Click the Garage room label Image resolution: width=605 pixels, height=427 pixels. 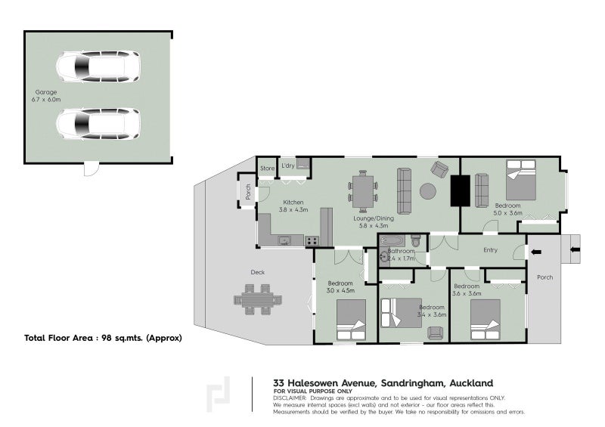(x=46, y=92)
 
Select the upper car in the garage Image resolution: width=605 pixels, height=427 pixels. (x=98, y=67)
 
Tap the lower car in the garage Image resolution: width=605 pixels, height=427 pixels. (x=98, y=123)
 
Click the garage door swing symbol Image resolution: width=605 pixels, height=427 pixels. (x=92, y=169)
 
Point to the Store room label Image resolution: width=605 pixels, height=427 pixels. (x=267, y=169)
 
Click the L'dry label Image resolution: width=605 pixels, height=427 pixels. (x=288, y=166)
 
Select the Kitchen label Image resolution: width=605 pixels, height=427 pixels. (x=293, y=202)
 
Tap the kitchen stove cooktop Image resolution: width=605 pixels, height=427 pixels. (x=312, y=241)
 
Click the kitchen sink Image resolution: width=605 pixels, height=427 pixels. (x=284, y=240)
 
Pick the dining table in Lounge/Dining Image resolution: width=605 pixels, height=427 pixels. (x=363, y=191)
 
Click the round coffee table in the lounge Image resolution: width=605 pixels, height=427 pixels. (x=428, y=191)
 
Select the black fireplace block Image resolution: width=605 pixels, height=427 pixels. (x=461, y=190)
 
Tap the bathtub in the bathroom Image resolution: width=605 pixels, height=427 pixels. (x=392, y=242)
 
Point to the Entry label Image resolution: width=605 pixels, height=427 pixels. (x=490, y=250)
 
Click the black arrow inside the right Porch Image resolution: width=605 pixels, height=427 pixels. (x=536, y=252)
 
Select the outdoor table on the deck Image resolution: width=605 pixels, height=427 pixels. (x=258, y=300)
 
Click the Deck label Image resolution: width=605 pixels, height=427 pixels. (x=258, y=272)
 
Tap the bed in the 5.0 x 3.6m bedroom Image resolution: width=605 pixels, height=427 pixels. (x=521, y=180)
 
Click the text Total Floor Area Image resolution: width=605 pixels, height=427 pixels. (x=59, y=338)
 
